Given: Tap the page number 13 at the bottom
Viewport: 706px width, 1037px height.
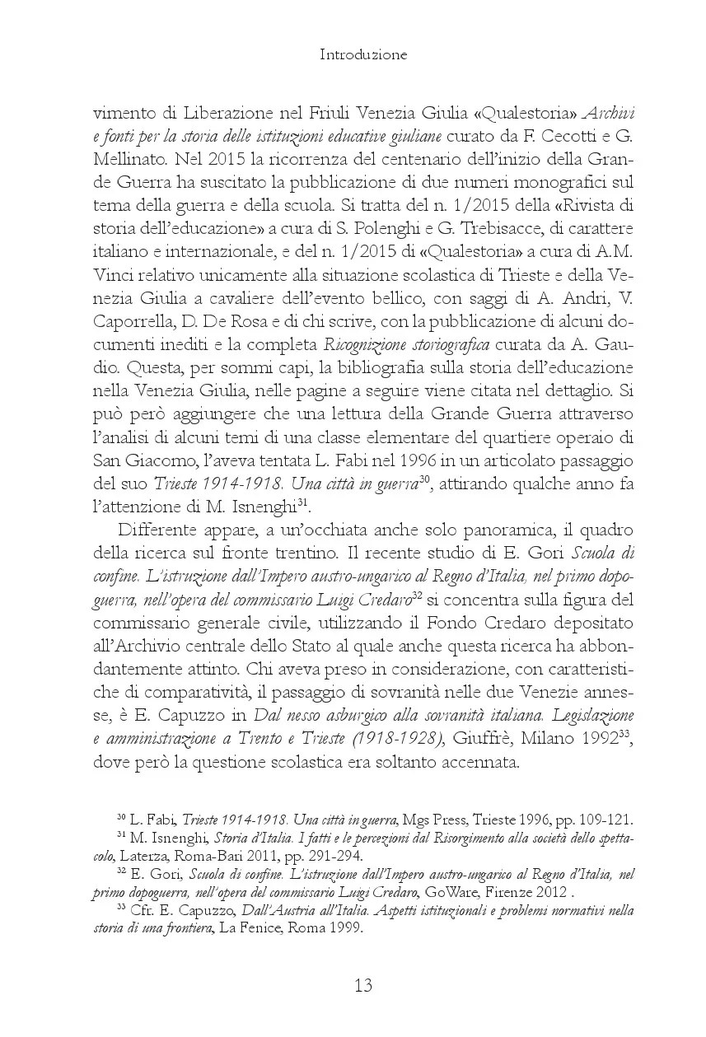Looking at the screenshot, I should [x=363, y=985].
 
